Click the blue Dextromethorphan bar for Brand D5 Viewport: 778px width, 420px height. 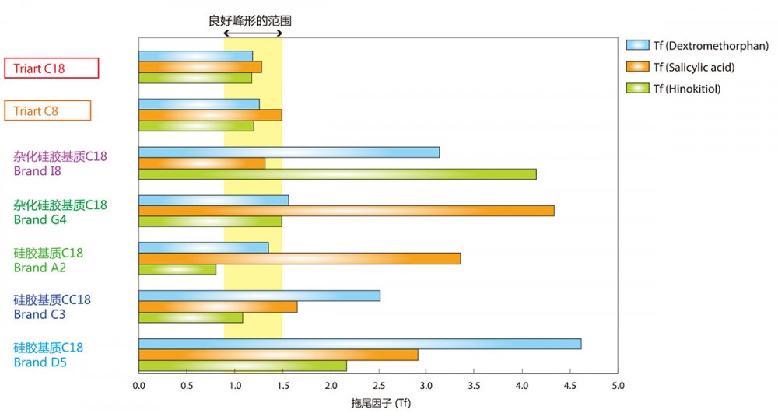pos(359,344)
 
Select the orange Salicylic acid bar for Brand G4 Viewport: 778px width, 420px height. pos(346,211)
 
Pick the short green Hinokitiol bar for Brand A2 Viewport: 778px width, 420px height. pos(177,269)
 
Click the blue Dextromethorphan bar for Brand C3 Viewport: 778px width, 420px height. pos(259,296)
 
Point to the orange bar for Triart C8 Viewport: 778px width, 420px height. pos(210,115)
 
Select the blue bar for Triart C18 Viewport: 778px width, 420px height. pos(195,56)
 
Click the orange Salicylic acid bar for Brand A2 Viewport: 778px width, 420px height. pos(300,258)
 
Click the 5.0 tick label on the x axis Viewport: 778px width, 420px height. pos(618,384)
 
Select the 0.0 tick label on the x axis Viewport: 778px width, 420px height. pos(138,384)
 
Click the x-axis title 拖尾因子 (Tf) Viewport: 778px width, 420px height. pos(378,404)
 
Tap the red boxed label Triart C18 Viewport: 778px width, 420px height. pos(51,68)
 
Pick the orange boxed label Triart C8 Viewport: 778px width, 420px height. pos(47,111)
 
